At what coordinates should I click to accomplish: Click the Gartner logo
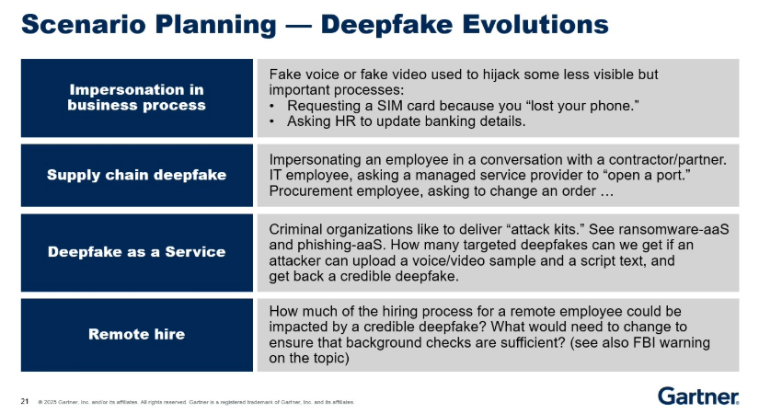click(698, 396)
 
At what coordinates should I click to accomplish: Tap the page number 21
click(25, 401)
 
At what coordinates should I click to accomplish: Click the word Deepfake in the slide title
click(385, 24)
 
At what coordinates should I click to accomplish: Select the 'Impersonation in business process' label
click(136, 98)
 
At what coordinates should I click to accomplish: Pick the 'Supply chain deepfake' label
click(136, 175)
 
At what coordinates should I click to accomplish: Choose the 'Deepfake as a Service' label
click(136, 252)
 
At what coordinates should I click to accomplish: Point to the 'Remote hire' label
click(136, 334)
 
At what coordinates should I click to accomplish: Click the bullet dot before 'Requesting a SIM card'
click(272, 106)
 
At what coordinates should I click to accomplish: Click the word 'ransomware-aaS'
click(673, 229)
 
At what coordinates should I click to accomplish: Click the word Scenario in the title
click(83, 24)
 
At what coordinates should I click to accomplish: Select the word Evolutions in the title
click(535, 24)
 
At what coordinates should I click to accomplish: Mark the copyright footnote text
click(196, 402)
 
